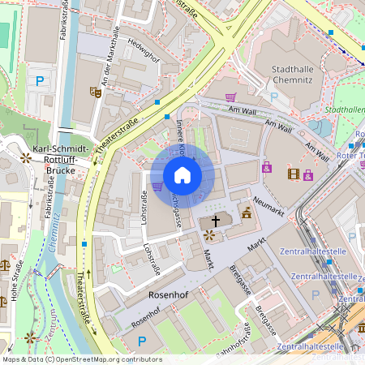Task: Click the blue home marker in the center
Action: click(x=182, y=174)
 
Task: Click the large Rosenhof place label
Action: click(x=168, y=295)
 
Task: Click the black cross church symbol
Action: click(x=216, y=220)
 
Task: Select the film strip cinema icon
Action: click(x=292, y=174)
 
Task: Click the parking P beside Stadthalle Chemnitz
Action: click(x=273, y=97)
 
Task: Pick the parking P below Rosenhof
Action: click(x=142, y=341)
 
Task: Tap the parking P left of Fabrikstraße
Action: click(x=40, y=80)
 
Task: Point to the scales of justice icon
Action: click(x=6, y=264)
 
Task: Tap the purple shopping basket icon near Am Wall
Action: click(x=230, y=98)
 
